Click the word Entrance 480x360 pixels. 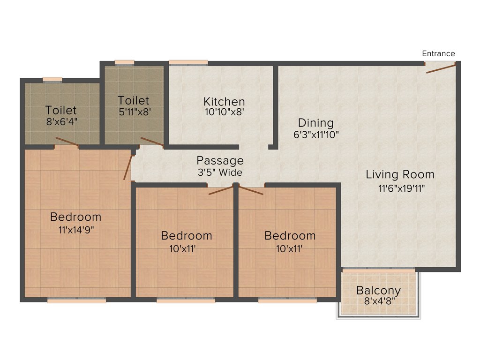tap(438, 53)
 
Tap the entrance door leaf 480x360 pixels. tap(441, 69)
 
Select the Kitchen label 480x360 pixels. tap(224, 102)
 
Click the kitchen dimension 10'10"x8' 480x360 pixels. tap(224, 112)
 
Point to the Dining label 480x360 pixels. tap(316, 123)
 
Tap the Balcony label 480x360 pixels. tap(378, 290)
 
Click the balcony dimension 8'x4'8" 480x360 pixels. tap(378, 300)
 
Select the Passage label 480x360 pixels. tap(220, 161)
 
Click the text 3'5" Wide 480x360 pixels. tap(220, 172)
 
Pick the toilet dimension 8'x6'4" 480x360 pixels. tap(61, 122)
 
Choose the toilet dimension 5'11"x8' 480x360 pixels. tap(134, 112)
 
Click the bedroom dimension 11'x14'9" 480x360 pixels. tap(75, 229)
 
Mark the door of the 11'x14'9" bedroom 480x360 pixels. tap(127, 167)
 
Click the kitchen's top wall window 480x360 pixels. tap(188, 62)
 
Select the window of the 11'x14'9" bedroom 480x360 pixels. tap(76, 300)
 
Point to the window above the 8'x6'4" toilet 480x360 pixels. tap(52, 79)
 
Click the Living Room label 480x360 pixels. tap(400, 175)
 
